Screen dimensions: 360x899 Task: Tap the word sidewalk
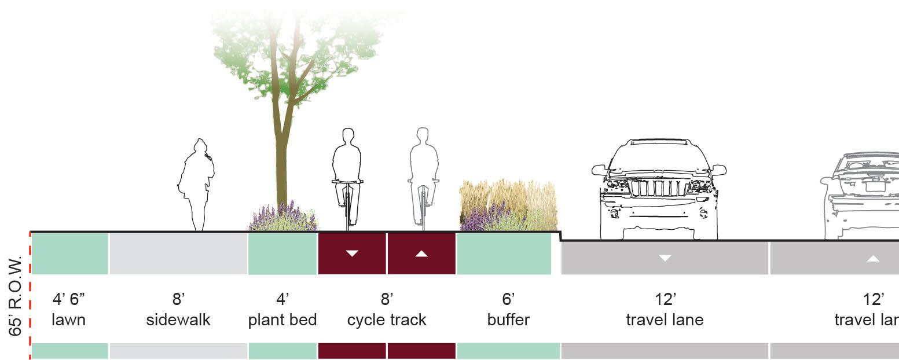[x=178, y=320]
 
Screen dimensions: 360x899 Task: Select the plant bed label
[x=282, y=320]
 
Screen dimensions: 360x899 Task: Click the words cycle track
[x=387, y=320]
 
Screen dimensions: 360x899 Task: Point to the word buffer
[x=508, y=320]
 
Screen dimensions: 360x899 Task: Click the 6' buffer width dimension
[x=508, y=300]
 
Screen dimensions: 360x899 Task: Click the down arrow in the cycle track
[x=352, y=253]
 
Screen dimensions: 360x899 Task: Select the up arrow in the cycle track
[x=421, y=253]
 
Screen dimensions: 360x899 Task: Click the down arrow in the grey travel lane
[x=665, y=258]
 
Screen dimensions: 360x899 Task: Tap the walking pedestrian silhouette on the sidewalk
[x=196, y=182]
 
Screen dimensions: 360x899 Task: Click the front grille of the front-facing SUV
[x=658, y=188]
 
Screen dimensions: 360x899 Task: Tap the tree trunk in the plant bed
[x=282, y=168]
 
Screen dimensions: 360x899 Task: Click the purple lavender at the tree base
[x=282, y=219]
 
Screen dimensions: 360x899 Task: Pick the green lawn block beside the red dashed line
[x=69, y=254]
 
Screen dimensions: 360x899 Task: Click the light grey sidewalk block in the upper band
[x=178, y=254]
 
